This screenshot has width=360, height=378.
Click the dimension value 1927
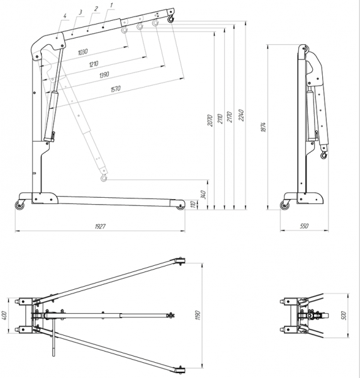point(100,226)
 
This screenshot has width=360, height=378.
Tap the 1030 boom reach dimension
point(83,52)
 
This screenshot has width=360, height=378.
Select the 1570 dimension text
point(115,89)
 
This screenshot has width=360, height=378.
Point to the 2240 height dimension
point(242,115)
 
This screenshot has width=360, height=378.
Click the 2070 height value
point(210,120)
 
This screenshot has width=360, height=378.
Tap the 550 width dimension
point(304,226)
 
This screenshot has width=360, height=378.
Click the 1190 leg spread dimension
point(198,316)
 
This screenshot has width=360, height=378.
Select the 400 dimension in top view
point(4,316)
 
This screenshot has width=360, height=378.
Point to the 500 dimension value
point(344,316)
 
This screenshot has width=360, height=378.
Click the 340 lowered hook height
point(203,195)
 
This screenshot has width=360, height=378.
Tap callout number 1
point(111,4)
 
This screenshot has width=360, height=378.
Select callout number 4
point(65,16)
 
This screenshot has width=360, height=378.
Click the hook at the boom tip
point(171,18)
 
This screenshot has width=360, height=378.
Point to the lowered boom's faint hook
point(104,178)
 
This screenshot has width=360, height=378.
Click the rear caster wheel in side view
point(19,205)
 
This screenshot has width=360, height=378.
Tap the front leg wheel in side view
point(180,205)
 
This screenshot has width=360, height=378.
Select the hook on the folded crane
point(324,155)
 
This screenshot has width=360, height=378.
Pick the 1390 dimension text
point(104,75)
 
